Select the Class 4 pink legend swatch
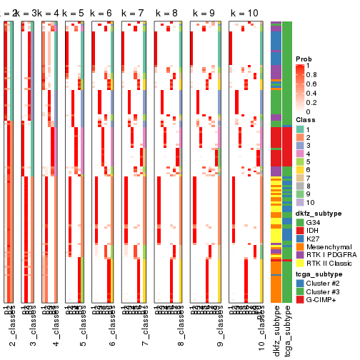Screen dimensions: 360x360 (x=300, y=154)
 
